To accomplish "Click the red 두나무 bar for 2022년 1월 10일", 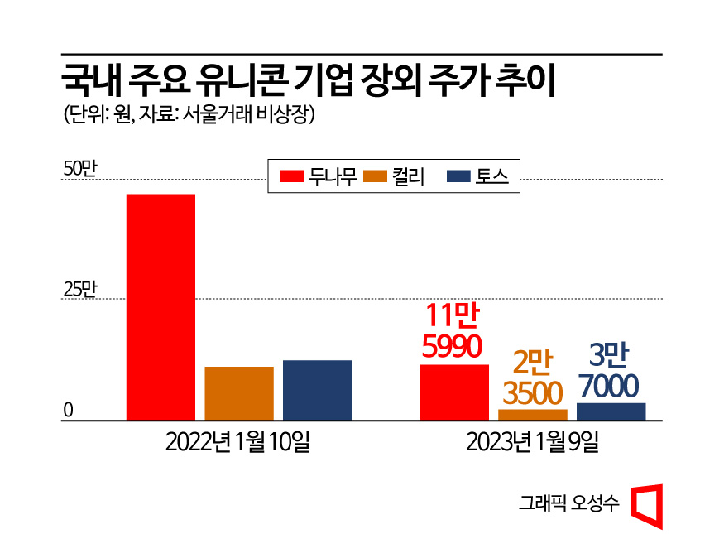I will [161, 307].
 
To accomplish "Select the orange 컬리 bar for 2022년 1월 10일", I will [239, 393].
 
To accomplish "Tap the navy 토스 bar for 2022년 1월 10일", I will [317, 390].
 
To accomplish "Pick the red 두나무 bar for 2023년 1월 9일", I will [454, 392].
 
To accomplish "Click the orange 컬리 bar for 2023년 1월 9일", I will [533, 415].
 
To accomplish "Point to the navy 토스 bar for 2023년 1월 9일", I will [611, 411].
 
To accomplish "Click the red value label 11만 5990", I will [453, 332].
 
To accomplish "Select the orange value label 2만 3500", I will [532, 378].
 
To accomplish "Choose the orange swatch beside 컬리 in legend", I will [376, 176].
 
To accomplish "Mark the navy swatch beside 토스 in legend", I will [458, 176].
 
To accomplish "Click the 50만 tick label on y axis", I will [80, 169].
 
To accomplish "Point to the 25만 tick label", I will [80, 290].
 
